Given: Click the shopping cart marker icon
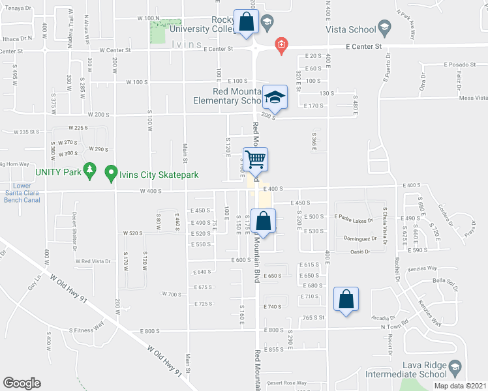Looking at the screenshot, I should click(x=257, y=158).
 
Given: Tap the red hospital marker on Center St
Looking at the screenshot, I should click(x=281, y=44).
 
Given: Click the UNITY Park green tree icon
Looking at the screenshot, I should click(x=91, y=171).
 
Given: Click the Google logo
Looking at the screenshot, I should click(x=22, y=383).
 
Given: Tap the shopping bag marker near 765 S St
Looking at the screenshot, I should click(x=346, y=300).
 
